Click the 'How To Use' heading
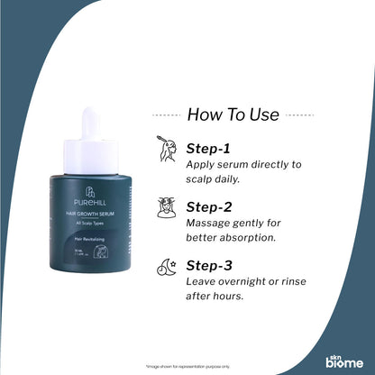click(233, 114)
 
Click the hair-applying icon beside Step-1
click(167, 149)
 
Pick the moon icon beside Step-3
click(167, 266)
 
